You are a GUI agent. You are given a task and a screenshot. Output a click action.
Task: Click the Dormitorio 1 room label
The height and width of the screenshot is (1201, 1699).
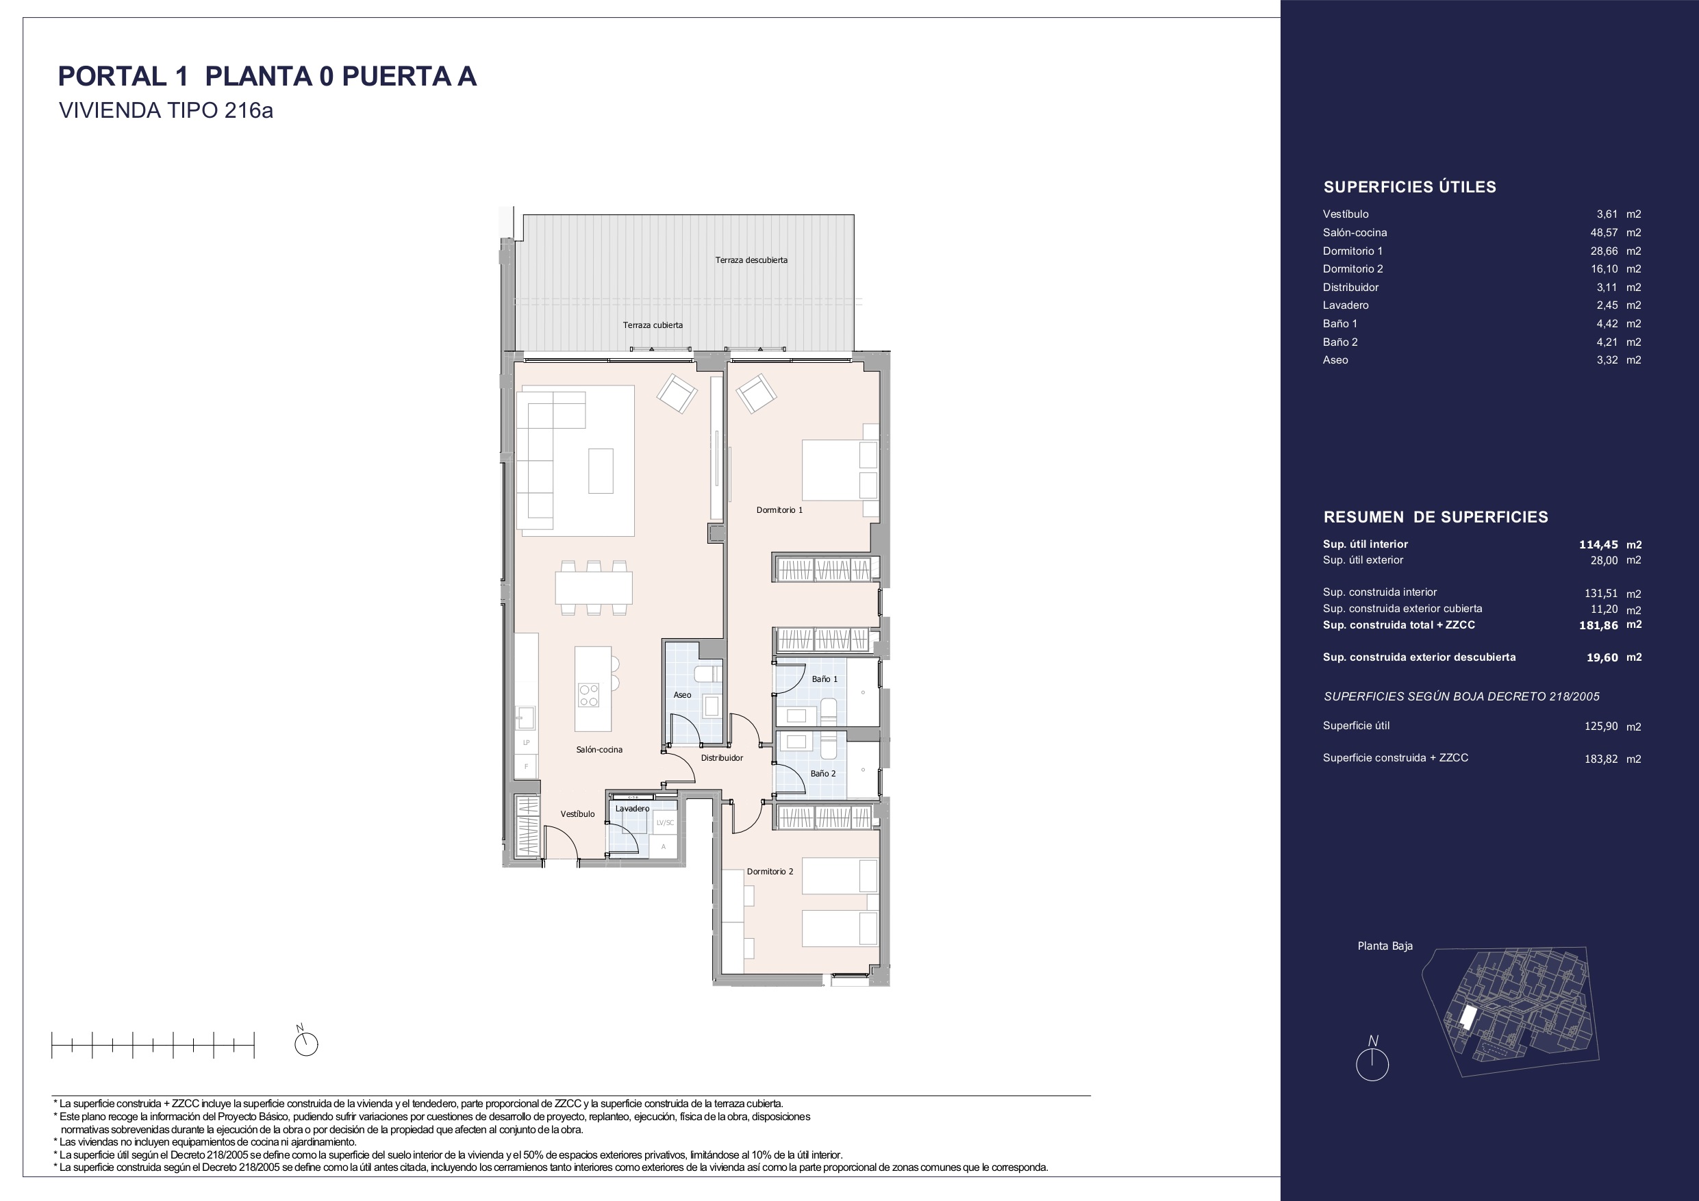tap(779, 510)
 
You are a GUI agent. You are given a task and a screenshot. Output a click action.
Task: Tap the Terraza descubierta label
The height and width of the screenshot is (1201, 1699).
tap(751, 260)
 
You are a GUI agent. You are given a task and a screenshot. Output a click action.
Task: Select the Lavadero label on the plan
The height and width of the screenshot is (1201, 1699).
tap(632, 809)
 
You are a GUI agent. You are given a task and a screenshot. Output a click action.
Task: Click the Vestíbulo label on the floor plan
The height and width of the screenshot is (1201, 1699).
tap(577, 814)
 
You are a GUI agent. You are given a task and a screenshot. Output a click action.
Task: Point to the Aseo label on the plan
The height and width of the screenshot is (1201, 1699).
tap(682, 695)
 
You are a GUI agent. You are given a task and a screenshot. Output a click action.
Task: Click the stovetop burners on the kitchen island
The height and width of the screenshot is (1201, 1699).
tap(589, 695)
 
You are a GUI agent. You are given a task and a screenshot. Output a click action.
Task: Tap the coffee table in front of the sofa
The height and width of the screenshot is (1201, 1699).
tap(601, 470)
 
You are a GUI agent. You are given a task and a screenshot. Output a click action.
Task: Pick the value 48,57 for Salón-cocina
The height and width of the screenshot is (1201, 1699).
tap(1604, 232)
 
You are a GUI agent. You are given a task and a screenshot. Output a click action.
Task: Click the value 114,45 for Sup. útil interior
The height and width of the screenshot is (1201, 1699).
tap(1598, 544)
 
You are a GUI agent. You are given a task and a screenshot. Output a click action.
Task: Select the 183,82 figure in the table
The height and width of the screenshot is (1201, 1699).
tap(1601, 759)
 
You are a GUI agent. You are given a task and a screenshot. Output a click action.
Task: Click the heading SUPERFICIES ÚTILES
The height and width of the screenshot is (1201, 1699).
tap(1409, 187)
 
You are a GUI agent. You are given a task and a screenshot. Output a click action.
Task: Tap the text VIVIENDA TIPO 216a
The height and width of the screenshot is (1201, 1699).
tap(166, 111)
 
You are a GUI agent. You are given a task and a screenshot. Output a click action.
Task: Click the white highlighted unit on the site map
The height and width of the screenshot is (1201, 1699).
tap(1466, 1018)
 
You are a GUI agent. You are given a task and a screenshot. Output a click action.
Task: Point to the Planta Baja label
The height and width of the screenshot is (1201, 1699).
tap(1385, 946)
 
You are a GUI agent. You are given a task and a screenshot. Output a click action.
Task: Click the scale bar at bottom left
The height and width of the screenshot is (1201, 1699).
tap(153, 1045)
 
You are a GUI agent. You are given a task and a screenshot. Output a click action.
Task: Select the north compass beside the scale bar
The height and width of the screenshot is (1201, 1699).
tap(305, 1042)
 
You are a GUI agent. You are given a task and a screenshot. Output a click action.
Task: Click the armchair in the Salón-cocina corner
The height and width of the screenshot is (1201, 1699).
tap(677, 394)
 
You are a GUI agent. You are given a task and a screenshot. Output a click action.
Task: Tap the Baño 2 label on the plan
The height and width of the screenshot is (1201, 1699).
tap(823, 774)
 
